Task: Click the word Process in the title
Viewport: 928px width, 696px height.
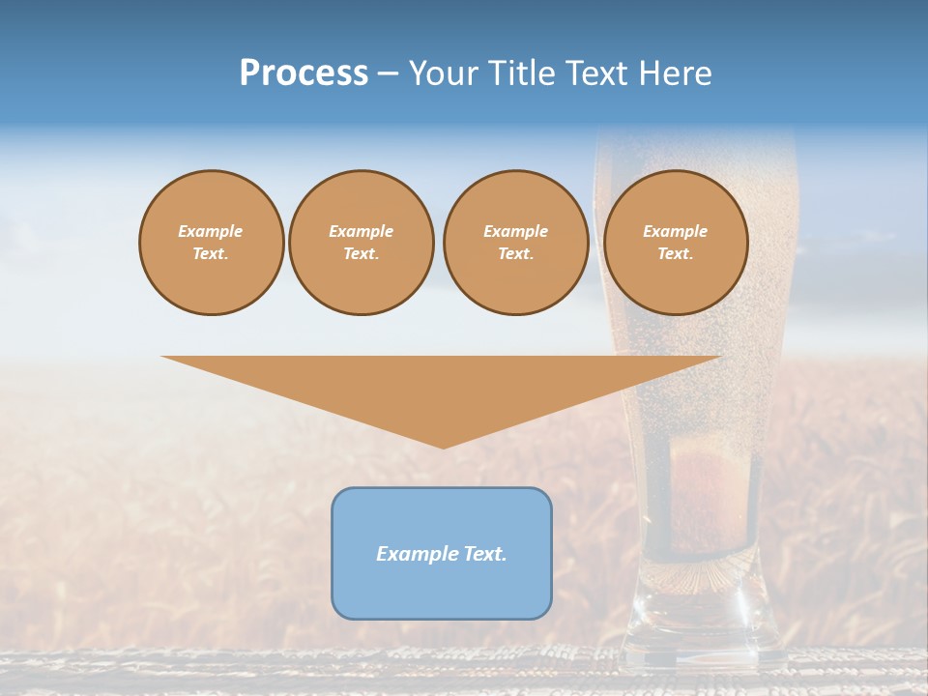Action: (304, 73)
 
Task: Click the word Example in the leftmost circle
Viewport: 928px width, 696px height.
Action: (211, 231)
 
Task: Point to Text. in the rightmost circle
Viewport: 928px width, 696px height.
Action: (676, 254)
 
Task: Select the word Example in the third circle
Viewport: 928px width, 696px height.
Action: (516, 231)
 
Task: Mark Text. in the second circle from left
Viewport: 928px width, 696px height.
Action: (362, 254)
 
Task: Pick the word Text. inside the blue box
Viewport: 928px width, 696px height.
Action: (485, 554)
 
